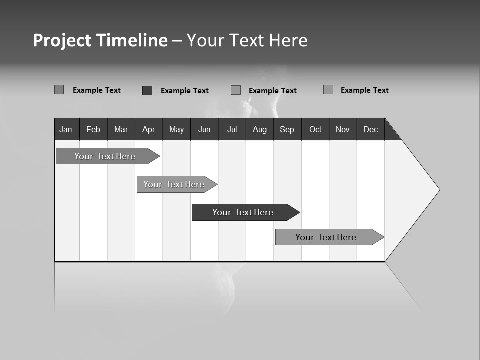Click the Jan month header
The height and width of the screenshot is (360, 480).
click(66, 129)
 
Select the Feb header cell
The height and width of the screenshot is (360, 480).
click(93, 129)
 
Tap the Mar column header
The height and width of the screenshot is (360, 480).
click(121, 129)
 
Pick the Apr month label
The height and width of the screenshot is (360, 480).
click(149, 129)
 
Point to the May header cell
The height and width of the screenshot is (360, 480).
click(176, 129)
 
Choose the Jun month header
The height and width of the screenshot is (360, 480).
click(204, 129)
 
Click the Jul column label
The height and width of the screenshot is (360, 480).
click(232, 129)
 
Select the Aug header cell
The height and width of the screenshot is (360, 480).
click(260, 129)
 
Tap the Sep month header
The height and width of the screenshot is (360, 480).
click(287, 129)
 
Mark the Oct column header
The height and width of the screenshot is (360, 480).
click(315, 129)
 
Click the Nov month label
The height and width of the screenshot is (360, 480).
click(343, 129)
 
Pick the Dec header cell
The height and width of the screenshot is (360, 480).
click(371, 129)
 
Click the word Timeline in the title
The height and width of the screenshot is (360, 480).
click(132, 40)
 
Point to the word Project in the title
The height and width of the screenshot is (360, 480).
click(62, 40)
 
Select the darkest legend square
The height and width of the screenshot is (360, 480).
click(147, 90)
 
